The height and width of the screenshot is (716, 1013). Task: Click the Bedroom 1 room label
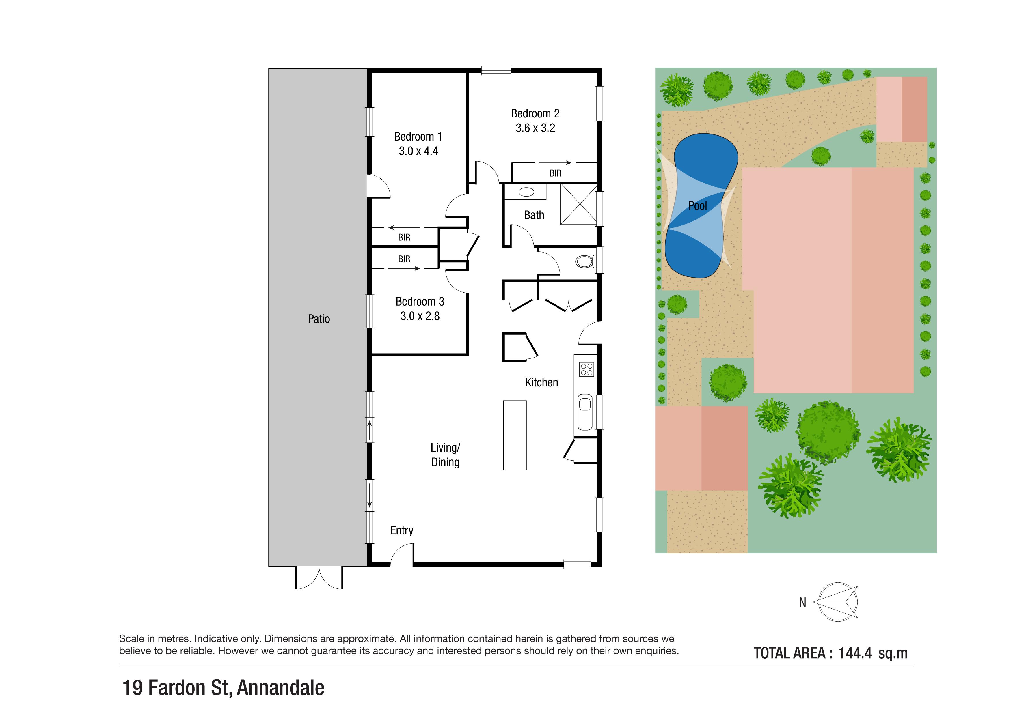[x=418, y=137]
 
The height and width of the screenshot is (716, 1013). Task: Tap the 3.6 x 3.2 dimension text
[x=535, y=128]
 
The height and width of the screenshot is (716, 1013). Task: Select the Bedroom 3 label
[x=420, y=302]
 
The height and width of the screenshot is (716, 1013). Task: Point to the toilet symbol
[x=585, y=261]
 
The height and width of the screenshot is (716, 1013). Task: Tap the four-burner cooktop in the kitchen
[x=586, y=369]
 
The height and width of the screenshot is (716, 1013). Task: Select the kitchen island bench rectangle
[x=515, y=435]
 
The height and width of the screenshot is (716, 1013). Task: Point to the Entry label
[x=401, y=530]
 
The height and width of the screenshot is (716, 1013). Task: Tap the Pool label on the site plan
[x=698, y=205]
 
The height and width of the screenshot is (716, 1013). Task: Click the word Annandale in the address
[x=281, y=688]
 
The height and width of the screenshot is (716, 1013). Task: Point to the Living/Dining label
[x=445, y=455]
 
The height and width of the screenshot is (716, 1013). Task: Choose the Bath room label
[x=534, y=215]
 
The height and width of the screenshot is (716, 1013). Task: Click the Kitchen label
[x=541, y=382]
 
